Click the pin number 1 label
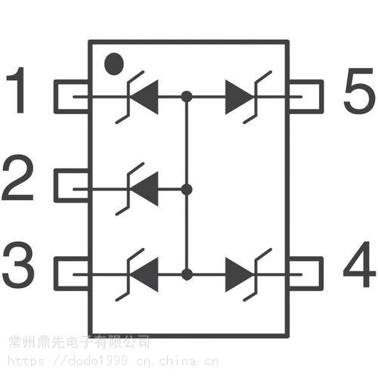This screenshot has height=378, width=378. click(x=17, y=90)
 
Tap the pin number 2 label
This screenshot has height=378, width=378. click(x=17, y=178)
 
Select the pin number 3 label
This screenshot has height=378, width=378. click(x=18, y=265)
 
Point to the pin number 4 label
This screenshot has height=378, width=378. click(x=359, y=264)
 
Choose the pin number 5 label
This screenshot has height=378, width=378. click(x=359, y=90)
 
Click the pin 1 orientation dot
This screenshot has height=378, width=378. click(x=114, y=64)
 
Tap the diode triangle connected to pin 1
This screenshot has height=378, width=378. click(x=144, y=97)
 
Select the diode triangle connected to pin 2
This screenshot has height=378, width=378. click(x=144, y=189)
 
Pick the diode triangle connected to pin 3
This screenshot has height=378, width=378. click(x=144, y=274)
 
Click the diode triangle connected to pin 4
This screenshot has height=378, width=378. click(x=239, y=274)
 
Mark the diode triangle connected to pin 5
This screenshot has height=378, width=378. click(x=239, y=97)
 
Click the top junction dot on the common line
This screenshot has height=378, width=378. click(x=187, y=97)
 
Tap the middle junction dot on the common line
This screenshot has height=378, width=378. click(x=187, y=190)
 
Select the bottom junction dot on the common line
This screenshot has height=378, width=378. click(x=187, y=274)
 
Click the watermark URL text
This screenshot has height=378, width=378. click(x=113, y=361)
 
